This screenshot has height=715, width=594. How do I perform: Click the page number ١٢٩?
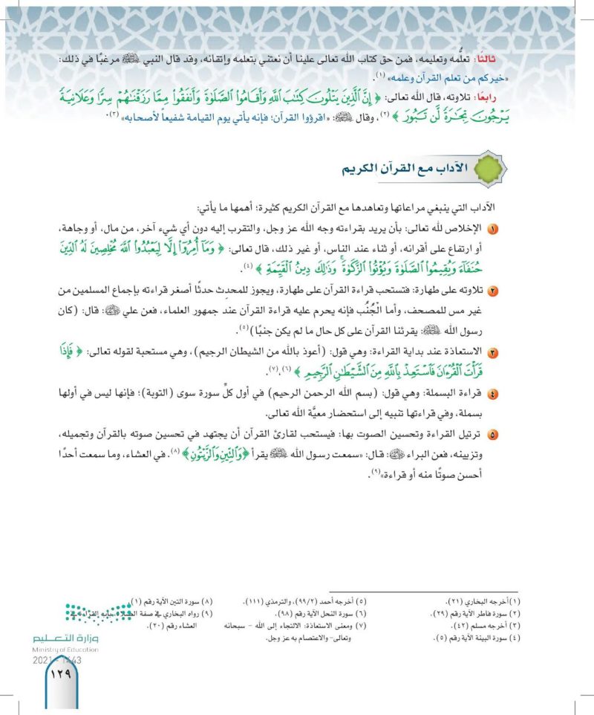click(58, 676)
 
